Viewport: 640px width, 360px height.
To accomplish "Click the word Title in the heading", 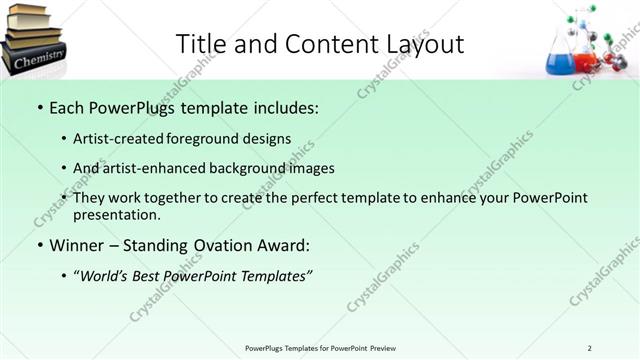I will tap(200, 43).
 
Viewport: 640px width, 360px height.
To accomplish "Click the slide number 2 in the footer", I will tap(589, 348).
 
